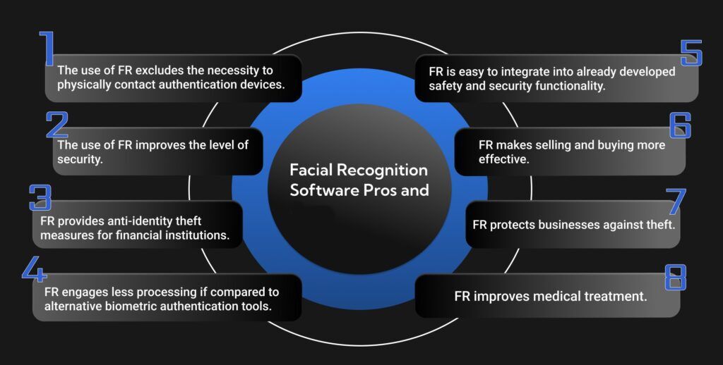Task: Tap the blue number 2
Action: pos(57,124)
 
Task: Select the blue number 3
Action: pos(40,198)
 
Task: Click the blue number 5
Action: pos(691,53)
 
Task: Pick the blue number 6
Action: pos(679,124)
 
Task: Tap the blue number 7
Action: pos(676,201)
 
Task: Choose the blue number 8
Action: pos(676,277)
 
